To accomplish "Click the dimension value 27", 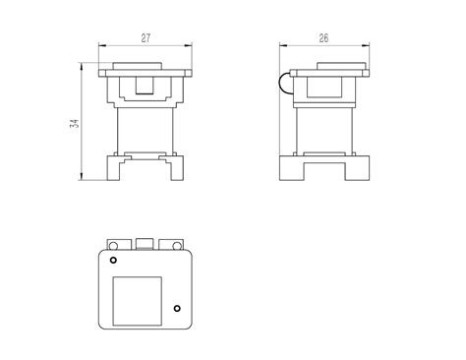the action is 146,38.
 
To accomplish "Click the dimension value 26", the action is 323,38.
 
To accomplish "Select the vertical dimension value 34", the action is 75,123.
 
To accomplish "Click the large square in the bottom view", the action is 138,301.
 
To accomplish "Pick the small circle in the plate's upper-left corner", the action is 113,260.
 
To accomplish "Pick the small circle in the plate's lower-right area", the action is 177,308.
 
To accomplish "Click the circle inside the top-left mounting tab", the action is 113,246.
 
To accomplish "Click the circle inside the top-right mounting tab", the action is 177,246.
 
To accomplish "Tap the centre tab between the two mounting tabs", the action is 145,244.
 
